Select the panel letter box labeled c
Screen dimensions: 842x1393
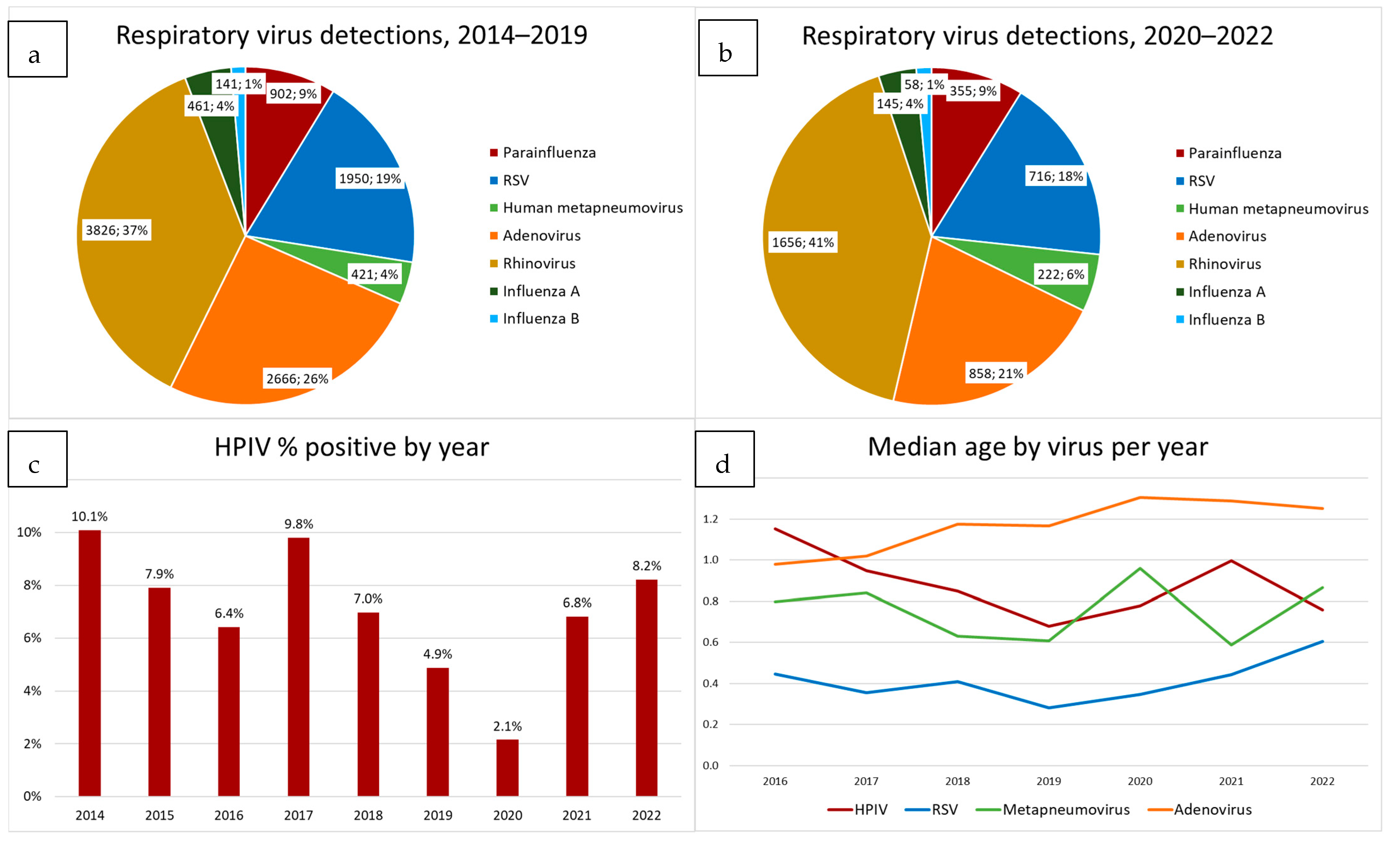37,459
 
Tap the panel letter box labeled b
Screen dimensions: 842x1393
728,48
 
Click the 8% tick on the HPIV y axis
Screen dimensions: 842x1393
32,585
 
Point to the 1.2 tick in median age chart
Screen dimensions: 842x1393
710,519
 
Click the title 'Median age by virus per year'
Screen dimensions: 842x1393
1037,447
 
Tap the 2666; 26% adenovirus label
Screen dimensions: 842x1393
297,379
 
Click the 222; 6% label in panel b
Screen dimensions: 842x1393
1060,275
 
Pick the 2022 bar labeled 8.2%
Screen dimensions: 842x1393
646,687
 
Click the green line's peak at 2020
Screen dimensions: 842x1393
1140,568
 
